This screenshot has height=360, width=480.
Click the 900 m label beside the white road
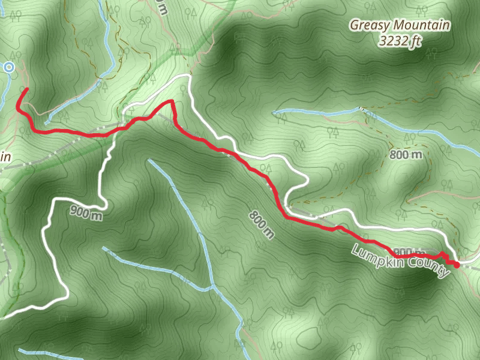click(86, 212)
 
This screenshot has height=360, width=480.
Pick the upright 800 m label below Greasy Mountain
click(406, 155)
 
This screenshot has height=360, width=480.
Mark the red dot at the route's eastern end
click(457, 264)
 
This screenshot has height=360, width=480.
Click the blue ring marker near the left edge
click(9, 68)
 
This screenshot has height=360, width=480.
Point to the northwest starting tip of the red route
click(26, 89)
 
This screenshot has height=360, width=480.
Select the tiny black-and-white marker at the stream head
click(361, 108)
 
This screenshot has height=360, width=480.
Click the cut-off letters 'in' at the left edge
click(5, 157)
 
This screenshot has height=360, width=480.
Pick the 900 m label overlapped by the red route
click(407, 251)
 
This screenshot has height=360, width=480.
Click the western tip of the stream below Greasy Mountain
click(274, 112)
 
